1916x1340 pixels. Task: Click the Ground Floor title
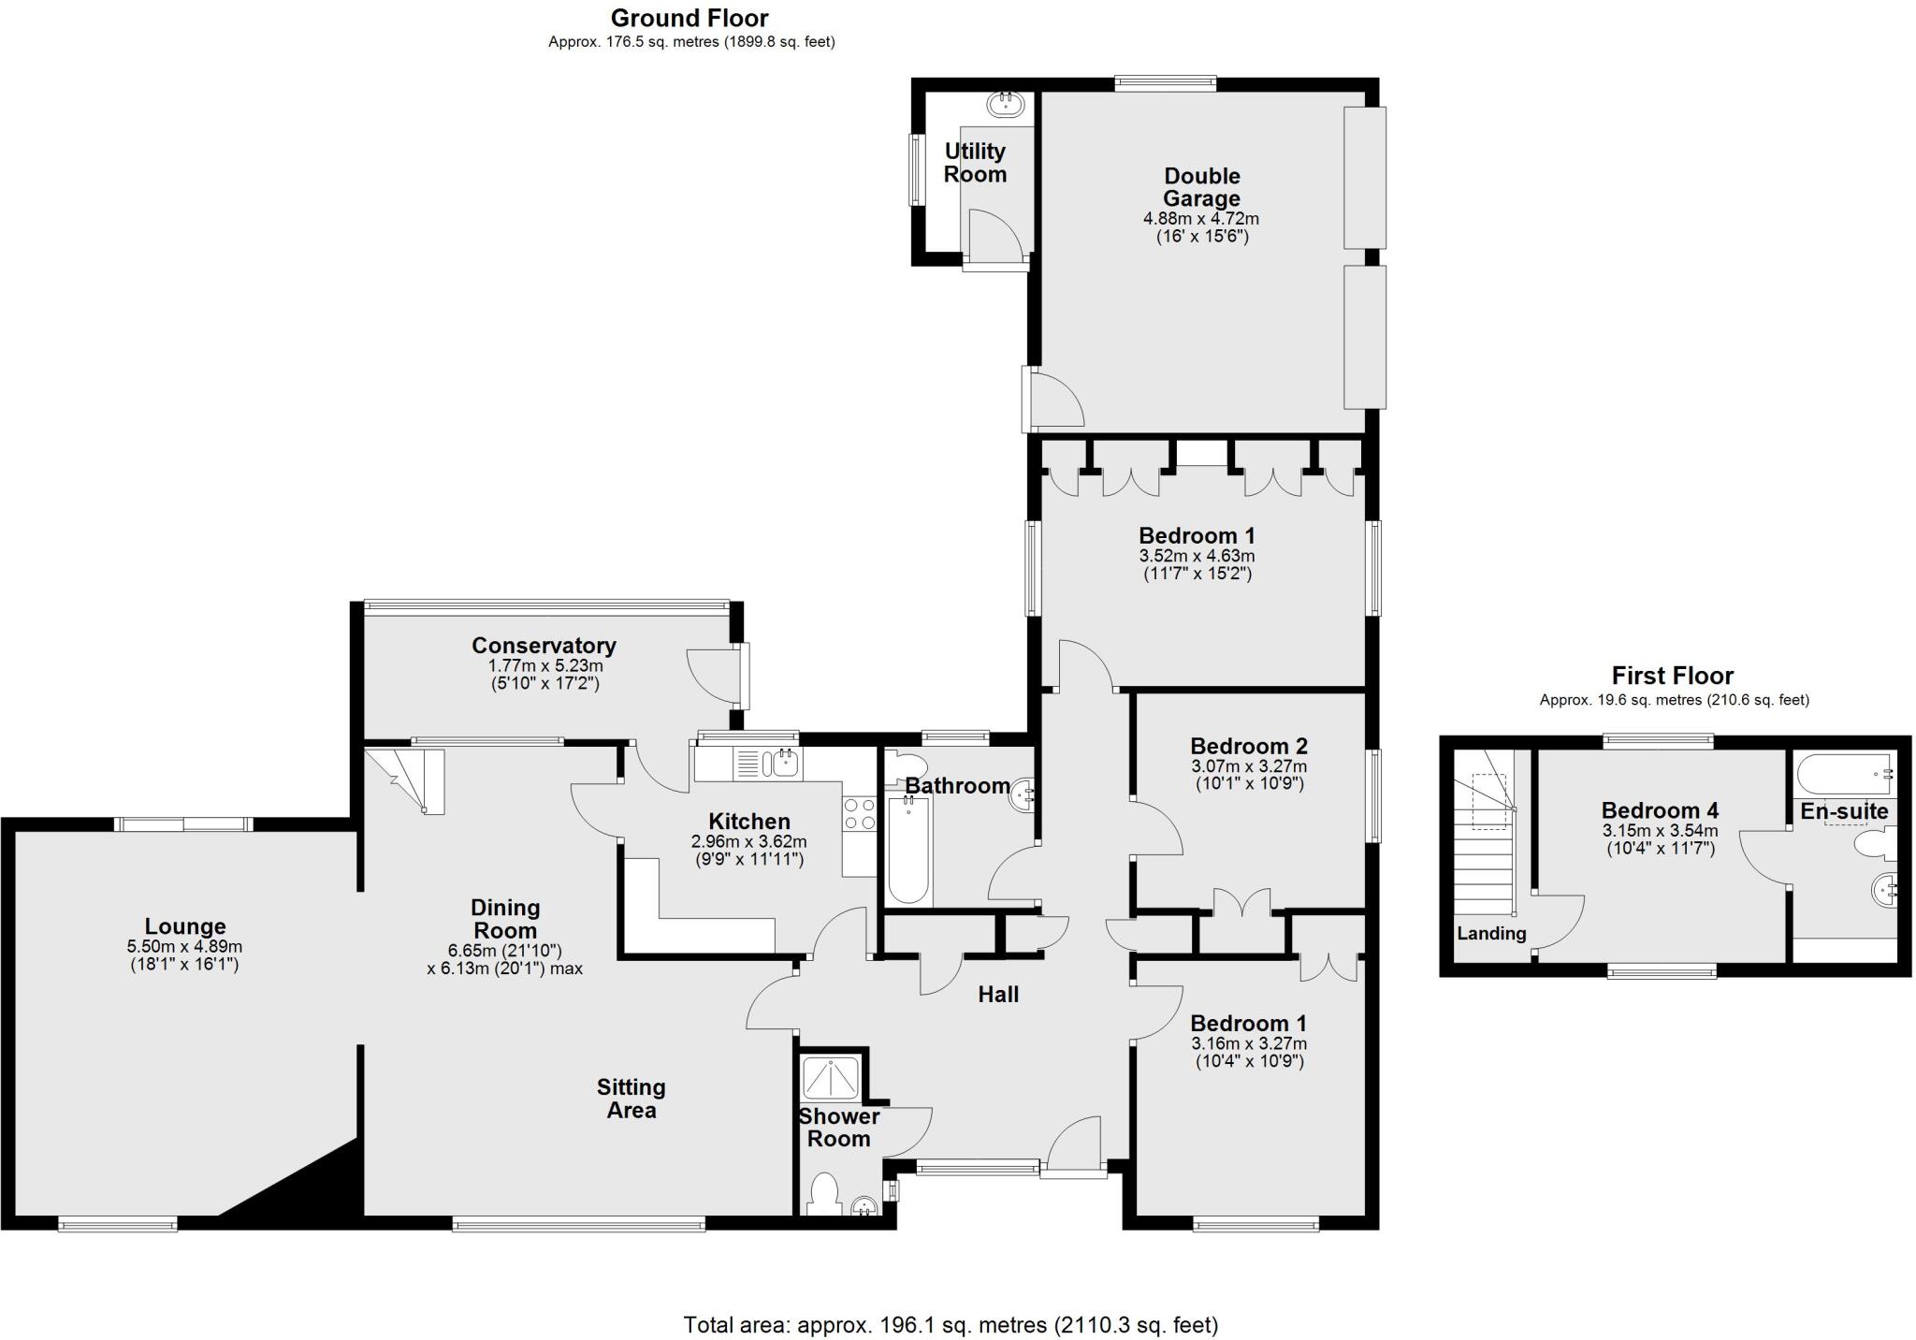pos(689,18)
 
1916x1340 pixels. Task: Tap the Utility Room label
pos(975,163)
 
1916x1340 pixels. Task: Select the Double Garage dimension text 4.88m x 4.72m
pos(1201,219)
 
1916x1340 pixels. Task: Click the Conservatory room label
pos(544,646)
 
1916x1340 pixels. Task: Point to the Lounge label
pos(184,926)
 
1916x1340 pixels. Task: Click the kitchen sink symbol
pos(784,764)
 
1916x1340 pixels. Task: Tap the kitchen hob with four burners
pos(859,814)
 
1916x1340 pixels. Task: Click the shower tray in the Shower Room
pos(832,1076)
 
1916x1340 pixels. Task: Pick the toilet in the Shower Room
pos(823,1195)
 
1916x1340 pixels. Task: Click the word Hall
pos(998,995)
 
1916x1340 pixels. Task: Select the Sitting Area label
pos(631,1099)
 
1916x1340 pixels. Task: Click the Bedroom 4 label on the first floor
pos(1660,810)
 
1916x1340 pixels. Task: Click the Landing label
pos(1491,933)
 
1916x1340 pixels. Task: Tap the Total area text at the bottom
pos(951,1325)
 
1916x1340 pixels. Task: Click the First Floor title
pos(1673,676)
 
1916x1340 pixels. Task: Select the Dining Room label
pos(505,919)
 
